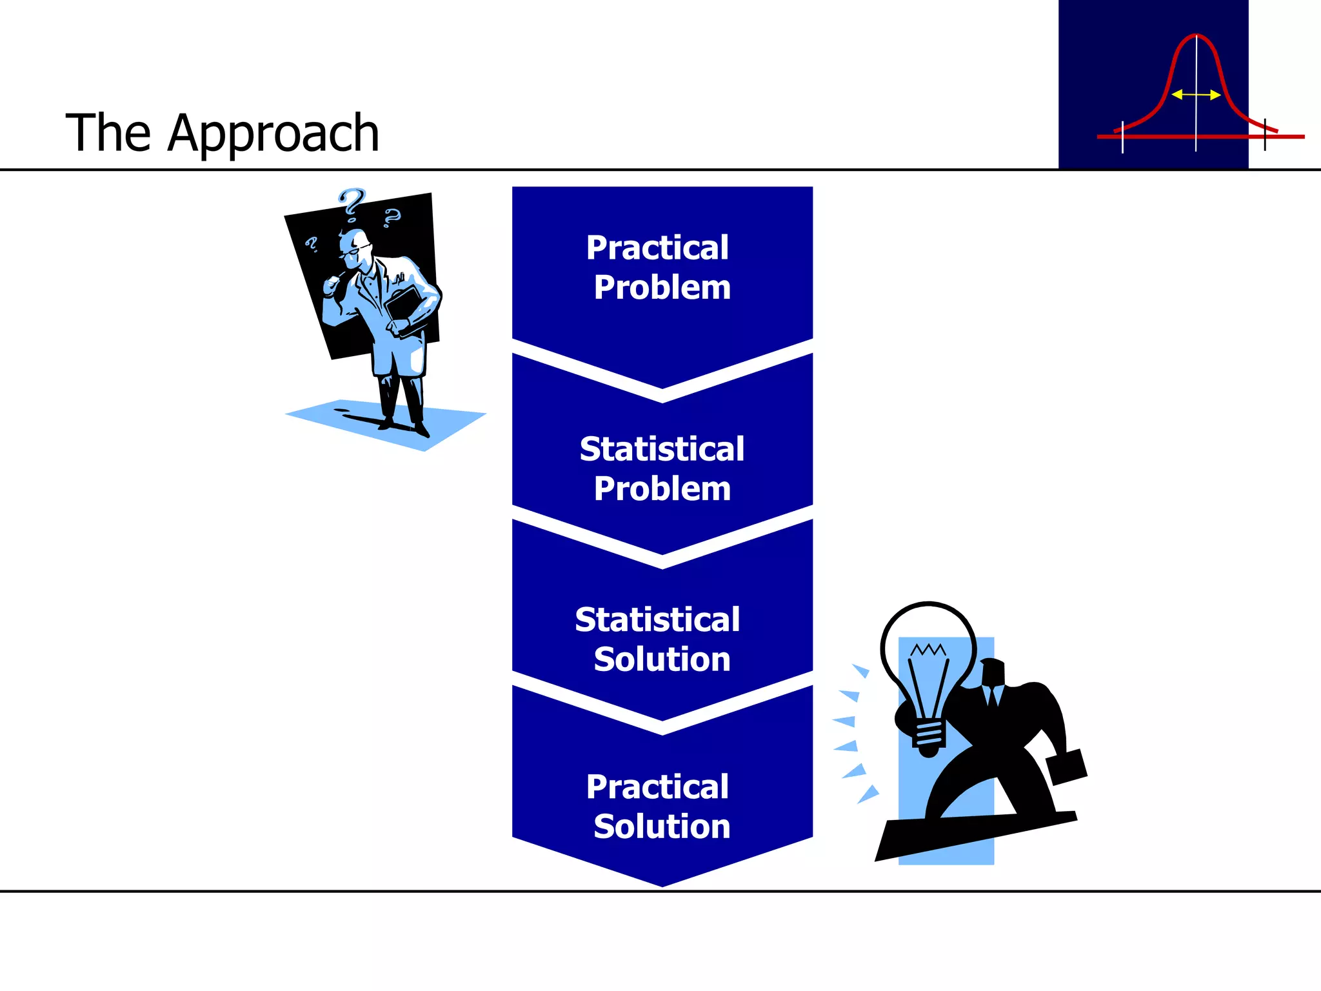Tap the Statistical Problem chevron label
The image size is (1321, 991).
662,468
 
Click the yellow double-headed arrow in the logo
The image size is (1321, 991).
1195,95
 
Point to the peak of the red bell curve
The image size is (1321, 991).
1195,36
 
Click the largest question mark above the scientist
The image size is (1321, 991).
352,203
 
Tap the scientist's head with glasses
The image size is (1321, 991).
355,248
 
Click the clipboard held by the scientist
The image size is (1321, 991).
405,310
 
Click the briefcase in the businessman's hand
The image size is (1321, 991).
1066,766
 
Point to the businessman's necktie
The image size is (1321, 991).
993,697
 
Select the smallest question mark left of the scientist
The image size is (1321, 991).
312,244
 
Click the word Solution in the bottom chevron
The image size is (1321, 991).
662,826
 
